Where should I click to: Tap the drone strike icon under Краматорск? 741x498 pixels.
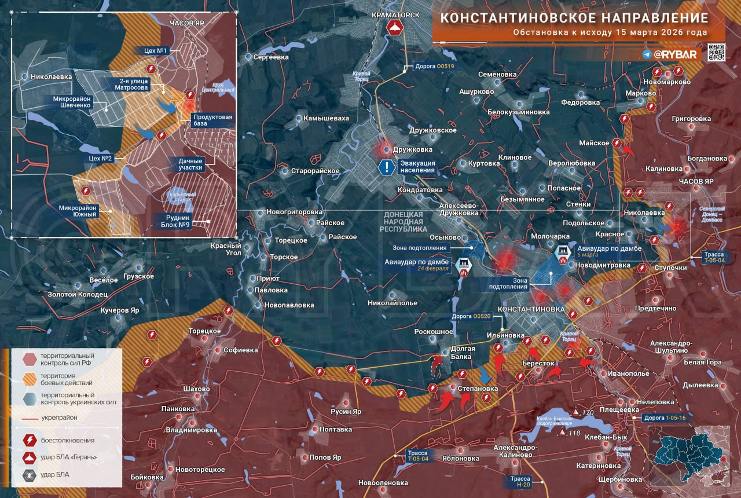click(x=394, y=28)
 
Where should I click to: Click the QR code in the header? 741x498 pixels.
click(x=717, y=52)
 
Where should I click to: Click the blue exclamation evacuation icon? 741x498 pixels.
click(x=386, y=168)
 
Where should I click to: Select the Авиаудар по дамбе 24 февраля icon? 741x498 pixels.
click(x=464, y=266)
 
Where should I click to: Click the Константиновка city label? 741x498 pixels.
click(x=531, y=309)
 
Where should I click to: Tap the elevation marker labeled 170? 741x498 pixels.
click(x=577, y=412)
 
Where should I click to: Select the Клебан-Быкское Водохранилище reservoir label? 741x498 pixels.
click(x=561, y=422)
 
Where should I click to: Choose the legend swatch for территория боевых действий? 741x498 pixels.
click(x=30, y=379)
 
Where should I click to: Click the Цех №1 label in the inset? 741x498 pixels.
click(x=156, y=51)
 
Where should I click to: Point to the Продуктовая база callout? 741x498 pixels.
click(x=214, y=120)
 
